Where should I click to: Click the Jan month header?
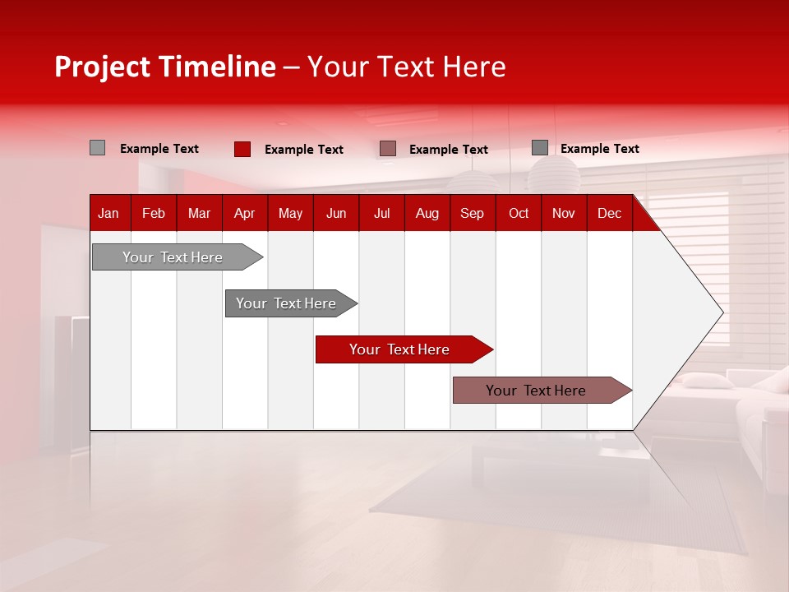[108, 213]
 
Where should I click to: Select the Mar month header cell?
[199, 213]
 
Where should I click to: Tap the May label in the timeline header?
[290, 213]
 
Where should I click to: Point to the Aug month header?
[427, 213]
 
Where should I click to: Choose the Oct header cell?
[519, 213]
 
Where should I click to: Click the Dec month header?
[609, 213]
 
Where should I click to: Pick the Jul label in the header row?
[381, 213]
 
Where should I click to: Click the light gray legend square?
[97, 148]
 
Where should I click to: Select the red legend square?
[242, 149]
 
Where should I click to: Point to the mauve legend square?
[388, 148]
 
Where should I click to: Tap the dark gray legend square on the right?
[539, 148]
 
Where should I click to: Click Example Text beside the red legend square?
[303, 150]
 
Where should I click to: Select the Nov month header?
[563, 213]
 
